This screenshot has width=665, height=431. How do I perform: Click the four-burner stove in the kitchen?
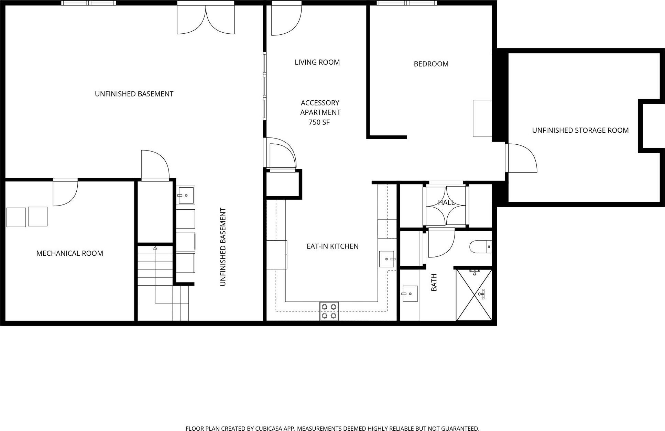click(329, 311)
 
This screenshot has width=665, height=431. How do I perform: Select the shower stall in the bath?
click(474, 295)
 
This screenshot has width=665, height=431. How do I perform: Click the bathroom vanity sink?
click(410, 294)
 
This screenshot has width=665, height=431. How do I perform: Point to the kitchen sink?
click(386, 259)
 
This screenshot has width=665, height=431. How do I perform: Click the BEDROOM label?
click(431, 64)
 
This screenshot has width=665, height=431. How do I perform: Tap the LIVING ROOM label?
click(317, 62)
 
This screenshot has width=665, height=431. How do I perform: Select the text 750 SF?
click(319, 122)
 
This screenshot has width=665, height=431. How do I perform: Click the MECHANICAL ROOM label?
click(69, 253)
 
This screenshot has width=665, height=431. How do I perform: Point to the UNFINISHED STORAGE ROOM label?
click(580, 130)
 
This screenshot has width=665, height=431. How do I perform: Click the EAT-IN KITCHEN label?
click(332, 246)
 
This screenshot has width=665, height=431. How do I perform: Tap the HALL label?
click(446, 203)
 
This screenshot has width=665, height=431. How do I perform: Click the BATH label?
click(434, 283)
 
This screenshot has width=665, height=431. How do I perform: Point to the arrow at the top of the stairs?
click(155, 247)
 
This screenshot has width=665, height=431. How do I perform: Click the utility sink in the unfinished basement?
click(186, 195)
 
